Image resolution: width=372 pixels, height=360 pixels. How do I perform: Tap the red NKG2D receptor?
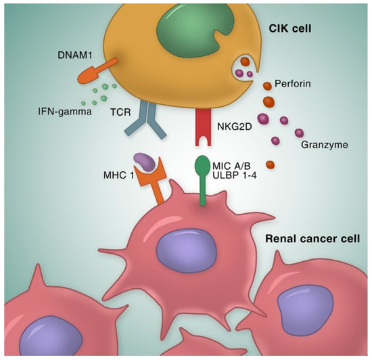click(x=203, y=129)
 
